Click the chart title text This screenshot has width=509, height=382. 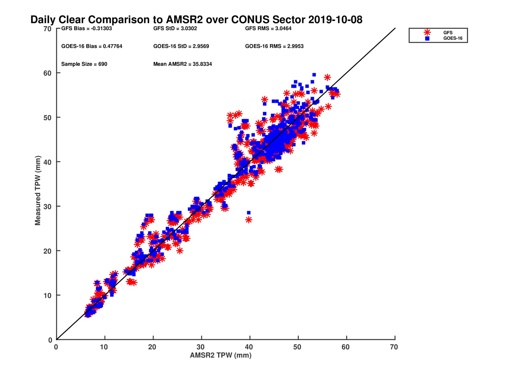tap(196, 20)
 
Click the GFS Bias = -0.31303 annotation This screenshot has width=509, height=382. tap(87, 28)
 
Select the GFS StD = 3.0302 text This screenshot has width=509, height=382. tap(175, 28)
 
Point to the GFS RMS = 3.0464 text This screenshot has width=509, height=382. tap(268, 28)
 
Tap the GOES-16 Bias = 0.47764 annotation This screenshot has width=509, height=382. tap(92, 46)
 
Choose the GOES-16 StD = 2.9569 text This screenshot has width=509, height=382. tap(181, 46)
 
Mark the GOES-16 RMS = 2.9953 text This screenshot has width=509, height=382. tap(274, 46)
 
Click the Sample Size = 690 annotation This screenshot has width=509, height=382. tap(84, 64)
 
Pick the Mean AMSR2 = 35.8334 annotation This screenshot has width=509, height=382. tap(182, 64)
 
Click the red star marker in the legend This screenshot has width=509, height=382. tap(427, 32)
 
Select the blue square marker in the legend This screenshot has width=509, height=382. tap(427, 39)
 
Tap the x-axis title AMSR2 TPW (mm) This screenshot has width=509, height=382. tap(220, 355)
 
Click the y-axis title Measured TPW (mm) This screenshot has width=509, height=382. tap(38, 190)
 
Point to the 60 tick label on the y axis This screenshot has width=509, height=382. tap(47, 73)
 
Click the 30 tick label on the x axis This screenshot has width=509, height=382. tap(200, 347)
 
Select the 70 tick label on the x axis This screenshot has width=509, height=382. tap(394, 347)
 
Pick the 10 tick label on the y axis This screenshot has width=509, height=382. tap(47, 295)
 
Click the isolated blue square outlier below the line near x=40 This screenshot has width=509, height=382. tap(249, 213)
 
